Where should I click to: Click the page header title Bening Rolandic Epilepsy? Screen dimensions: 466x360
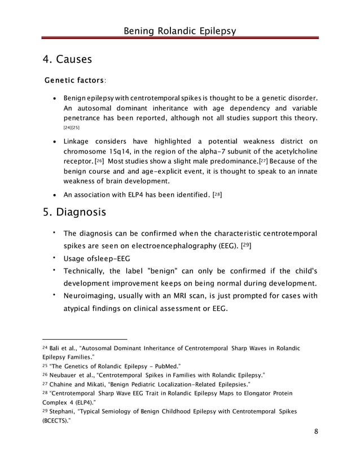180,29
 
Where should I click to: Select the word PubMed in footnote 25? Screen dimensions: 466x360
165,366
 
